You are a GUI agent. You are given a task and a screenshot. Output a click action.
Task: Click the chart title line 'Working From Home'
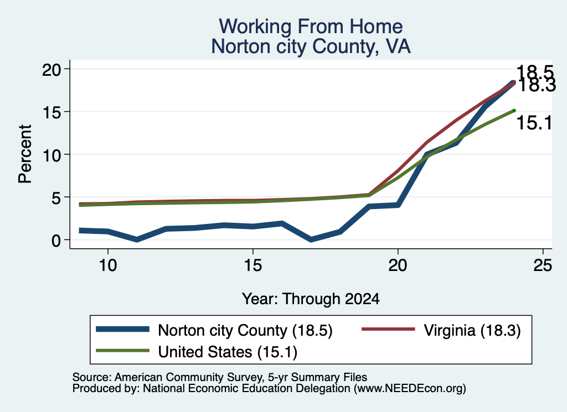311,27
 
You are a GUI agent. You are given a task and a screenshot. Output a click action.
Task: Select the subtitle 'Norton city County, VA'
311,46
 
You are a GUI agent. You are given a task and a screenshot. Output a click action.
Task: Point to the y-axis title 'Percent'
25,154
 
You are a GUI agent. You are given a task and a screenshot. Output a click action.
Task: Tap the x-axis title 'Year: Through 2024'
311,299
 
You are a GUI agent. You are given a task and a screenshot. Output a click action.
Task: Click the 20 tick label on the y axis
51,69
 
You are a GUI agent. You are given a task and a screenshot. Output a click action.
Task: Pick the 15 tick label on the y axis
51,112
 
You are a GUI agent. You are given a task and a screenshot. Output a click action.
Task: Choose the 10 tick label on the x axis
108,265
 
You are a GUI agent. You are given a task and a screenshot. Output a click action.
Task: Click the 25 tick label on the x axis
543,265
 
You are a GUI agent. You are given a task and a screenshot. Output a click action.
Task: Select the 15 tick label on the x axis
252,265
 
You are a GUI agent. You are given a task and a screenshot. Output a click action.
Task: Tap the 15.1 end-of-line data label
534,123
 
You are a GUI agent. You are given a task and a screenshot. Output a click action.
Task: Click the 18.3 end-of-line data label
537,86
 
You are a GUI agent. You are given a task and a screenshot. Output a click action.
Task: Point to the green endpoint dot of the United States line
514,111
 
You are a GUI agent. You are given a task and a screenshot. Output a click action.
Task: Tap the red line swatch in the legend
388,329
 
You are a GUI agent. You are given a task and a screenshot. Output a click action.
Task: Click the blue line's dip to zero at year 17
311,239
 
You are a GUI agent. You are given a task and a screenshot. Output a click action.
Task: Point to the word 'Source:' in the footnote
92,377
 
